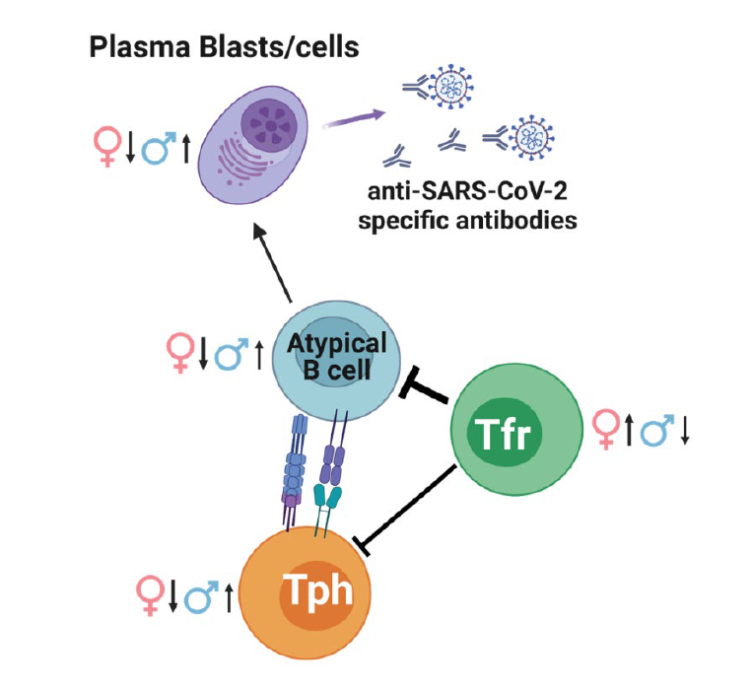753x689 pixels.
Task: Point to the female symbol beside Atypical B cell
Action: pyautogui.click(x=180, y=351)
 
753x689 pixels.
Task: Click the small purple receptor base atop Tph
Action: pyautogui.click(x=292, y=501)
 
